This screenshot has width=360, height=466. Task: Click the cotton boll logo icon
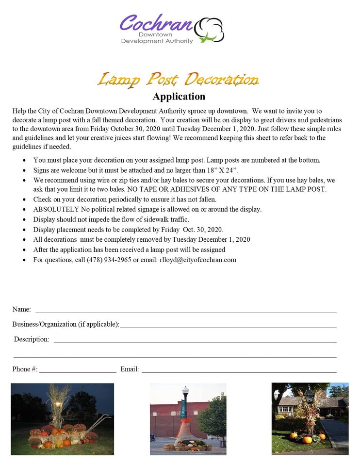tap(209, 29)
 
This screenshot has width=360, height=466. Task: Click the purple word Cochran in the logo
tap(156, 23)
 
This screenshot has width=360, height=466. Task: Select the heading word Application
tap(179, 96)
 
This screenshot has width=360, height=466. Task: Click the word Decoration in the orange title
tap(222, 79)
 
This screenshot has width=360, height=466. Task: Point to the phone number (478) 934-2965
tap(109, 260)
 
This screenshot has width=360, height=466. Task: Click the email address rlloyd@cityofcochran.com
tap(198, 260)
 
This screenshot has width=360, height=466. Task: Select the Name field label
tap(21, 309)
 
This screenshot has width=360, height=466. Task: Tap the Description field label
tap(32, 339)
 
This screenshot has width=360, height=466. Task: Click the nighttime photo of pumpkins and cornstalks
tap(62, 419)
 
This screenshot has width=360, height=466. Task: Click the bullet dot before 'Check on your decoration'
tap(25, 200)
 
